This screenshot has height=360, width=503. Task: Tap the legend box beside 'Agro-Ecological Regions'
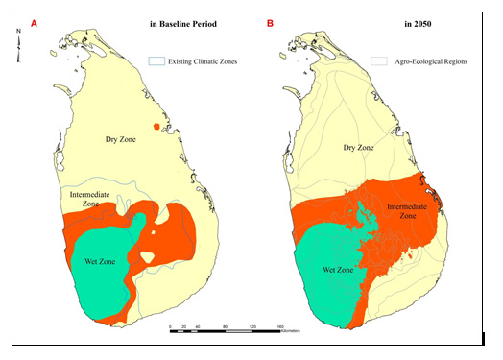click(379, 60)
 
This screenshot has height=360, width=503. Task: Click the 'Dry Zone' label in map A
click(124, 140)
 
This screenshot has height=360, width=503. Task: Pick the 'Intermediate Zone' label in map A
click(87, 200)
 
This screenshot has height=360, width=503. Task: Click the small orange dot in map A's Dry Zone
click(156, 128)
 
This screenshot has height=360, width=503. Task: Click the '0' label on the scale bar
click(171, 327)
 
